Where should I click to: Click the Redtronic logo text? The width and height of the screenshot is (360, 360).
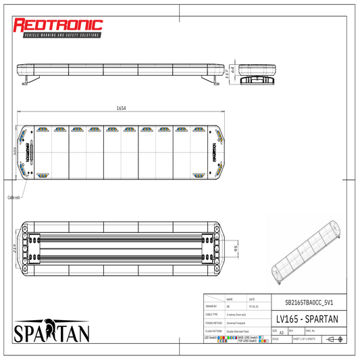(x=59, y=26)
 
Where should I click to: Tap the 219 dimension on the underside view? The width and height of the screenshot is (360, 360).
(x=14, y=249)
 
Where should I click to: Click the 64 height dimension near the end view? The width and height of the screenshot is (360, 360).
(x=233, y=70)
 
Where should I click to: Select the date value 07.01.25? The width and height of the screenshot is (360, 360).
(x=253, y=307)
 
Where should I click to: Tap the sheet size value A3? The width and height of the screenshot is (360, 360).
(x=280, y=333)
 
